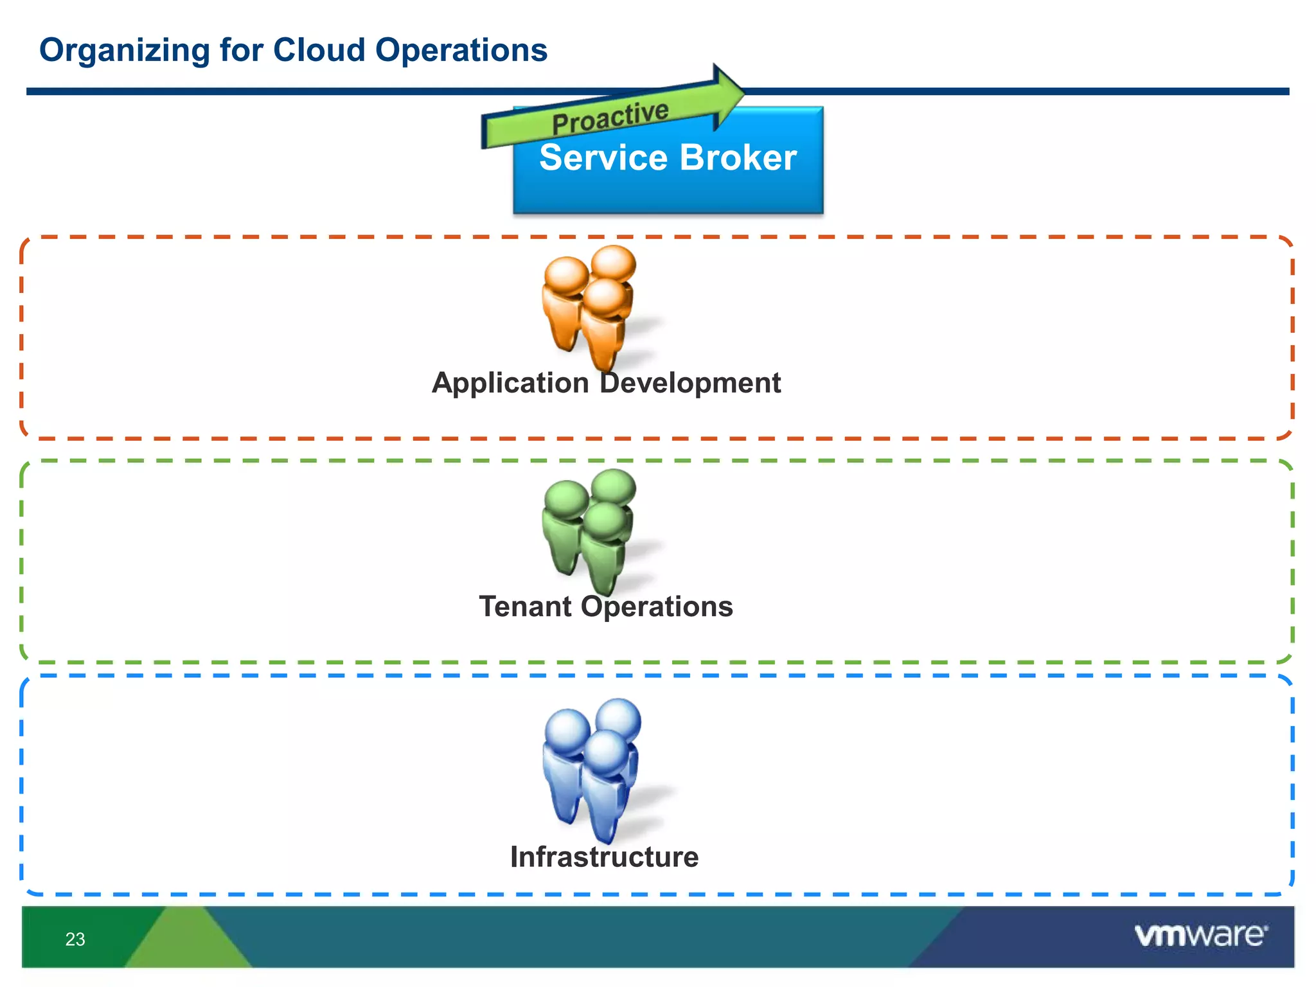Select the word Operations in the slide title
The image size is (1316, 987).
[x=461, y=50]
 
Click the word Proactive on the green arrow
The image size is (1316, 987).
[x=610, y=118]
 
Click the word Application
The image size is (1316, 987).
[x=510, y=384]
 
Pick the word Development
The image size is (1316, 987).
[x=690, y=383]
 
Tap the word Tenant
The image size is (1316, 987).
[x=525, y=607]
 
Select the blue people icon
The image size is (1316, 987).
[x=592, y=765]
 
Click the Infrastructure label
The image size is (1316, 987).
[x=604, y=857]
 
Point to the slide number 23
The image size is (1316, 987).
[x=75, y=939]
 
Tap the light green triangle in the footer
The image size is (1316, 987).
[x=187, y=941]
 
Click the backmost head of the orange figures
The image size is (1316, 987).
[x=614, y=263]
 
